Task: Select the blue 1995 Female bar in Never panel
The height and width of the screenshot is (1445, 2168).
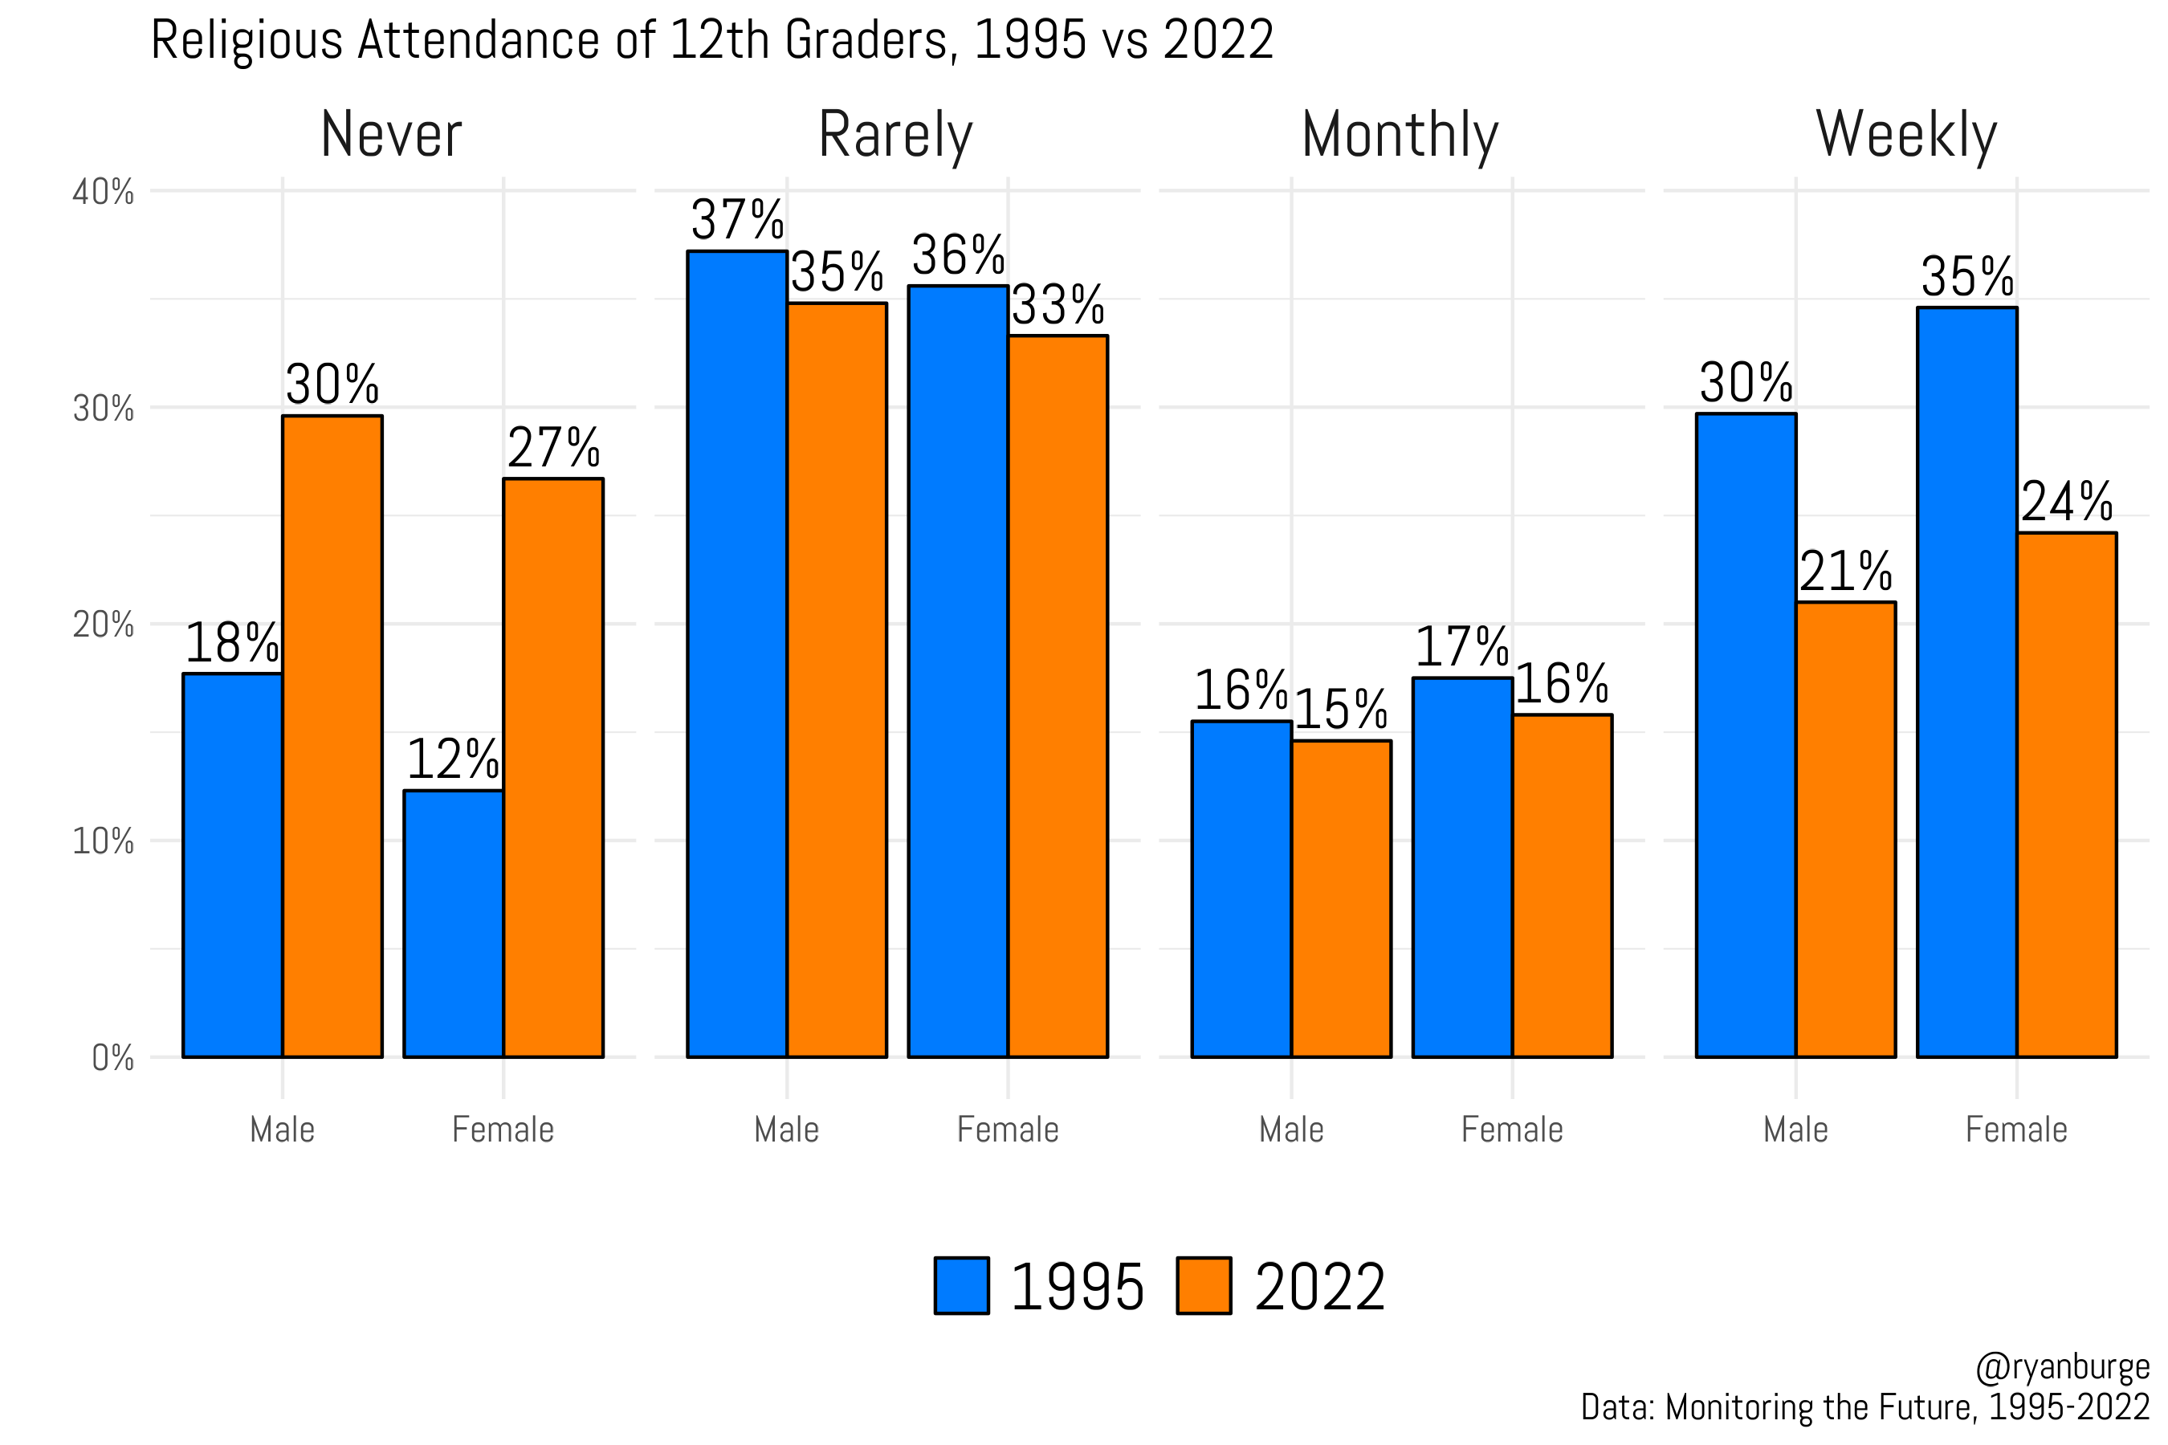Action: [454, 922]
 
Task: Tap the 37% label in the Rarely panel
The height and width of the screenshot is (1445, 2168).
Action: [736, 220]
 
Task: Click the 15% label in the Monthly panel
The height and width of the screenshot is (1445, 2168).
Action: [1340, 710]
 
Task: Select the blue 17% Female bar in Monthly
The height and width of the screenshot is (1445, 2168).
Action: [1462, 866]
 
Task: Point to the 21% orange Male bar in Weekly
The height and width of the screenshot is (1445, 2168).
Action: [1845, 829]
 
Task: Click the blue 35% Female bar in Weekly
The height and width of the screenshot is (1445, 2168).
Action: [1967, 682]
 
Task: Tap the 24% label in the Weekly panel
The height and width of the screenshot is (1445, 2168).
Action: [2067, 503]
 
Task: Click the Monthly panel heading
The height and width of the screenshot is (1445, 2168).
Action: [1400, 135]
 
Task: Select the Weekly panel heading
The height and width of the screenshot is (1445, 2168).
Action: [1906, 135]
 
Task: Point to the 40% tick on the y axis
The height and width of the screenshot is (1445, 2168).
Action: [104, 193]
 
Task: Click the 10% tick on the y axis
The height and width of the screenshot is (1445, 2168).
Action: [104, 841]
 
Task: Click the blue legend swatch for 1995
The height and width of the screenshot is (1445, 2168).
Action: [961, 1285]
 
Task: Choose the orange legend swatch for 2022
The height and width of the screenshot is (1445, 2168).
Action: [1204, 1285]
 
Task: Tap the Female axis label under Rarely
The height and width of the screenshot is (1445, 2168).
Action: [1008, 1130]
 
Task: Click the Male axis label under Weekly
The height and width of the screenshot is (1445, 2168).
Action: [1795, 1130]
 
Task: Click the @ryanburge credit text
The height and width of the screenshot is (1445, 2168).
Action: [2062, 1368]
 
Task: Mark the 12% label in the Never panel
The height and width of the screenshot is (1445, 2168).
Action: [453, 760]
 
